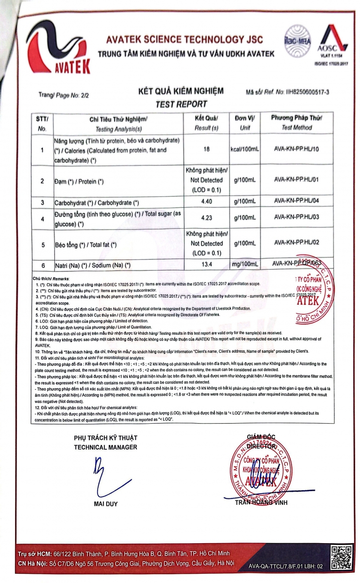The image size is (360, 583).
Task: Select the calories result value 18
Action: tap(207, 149)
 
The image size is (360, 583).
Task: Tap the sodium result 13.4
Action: tap(207, 265)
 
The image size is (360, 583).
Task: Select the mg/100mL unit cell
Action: tap(245, 265)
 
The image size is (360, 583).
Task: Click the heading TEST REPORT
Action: tap(181, 103)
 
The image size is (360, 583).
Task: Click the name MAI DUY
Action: tap(105, 504)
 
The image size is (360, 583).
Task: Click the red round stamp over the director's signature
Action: tap(263, 467)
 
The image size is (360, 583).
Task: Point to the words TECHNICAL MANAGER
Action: tap(105, 447)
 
